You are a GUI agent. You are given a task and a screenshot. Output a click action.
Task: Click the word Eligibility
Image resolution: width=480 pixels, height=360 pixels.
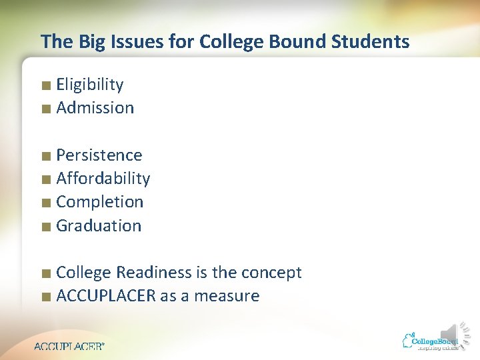click(90, 85)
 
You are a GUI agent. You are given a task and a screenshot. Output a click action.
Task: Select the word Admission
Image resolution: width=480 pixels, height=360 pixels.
click(95, 108)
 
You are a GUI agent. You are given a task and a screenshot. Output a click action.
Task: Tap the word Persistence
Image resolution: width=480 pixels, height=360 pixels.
click(99, 155)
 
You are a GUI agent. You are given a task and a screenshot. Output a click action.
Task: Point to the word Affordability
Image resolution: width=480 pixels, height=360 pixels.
click(103, 179)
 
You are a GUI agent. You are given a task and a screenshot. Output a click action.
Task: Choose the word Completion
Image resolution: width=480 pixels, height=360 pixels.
click(100, 202)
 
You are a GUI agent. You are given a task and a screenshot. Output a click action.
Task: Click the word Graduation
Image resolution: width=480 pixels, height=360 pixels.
click(99, 226)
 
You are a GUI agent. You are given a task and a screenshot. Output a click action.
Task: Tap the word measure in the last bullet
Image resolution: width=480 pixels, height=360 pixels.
click(227, 296)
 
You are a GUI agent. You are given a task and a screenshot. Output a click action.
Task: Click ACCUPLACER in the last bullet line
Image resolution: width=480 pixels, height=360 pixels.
click(106, 296)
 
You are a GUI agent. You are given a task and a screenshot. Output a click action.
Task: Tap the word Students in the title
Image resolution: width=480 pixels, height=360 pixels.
click(371, 42)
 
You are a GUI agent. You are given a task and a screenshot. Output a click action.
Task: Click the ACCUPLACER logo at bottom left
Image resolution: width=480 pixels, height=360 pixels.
click(69, 346)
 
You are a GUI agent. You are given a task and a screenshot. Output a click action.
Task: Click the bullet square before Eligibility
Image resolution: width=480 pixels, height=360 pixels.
click(45, 86)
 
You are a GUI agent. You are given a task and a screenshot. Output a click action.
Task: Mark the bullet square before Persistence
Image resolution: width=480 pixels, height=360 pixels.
click(45, 157)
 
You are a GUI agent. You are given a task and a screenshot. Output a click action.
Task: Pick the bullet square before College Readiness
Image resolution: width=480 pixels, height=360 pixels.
click(45, 274)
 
